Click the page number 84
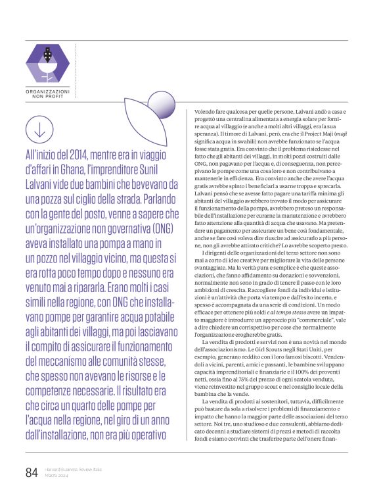(x=31, y=472)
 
